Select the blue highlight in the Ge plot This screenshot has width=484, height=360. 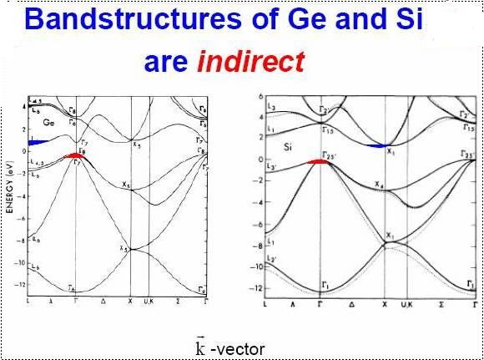pyautogui.click(x=41, y=141)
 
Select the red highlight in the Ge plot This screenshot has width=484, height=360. pyautogui.click(x=76, y=155)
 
